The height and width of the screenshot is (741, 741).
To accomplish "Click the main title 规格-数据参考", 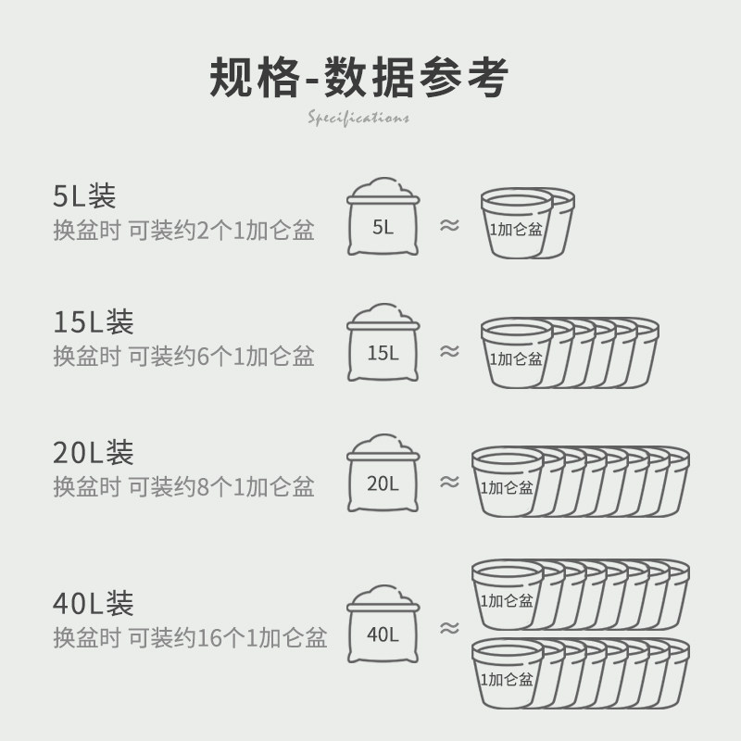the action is [358, 78].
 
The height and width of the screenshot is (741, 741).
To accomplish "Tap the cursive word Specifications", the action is [358, 119].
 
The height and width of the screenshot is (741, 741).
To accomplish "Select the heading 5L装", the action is [84, 195].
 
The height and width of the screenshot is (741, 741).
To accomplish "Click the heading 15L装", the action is [94, 322].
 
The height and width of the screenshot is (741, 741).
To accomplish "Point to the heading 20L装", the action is [94, 452].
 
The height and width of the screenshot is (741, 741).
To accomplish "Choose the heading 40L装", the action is [94, 603].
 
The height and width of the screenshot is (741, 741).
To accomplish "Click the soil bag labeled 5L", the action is [383, 219].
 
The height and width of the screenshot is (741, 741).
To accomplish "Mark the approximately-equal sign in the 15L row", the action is [449, 351].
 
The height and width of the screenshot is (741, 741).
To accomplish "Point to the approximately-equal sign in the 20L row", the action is [449, 481].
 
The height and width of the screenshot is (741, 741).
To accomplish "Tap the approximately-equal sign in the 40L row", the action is [449, 628].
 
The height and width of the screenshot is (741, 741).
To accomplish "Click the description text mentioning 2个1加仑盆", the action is [183, 231].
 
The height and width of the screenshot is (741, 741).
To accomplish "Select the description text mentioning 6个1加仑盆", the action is [183, 357].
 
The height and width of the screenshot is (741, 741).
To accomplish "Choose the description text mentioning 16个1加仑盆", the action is [190, 637].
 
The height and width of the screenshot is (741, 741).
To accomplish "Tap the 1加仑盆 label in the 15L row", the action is [517, 358].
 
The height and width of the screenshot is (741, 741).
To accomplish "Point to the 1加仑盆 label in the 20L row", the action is [507, 488].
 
